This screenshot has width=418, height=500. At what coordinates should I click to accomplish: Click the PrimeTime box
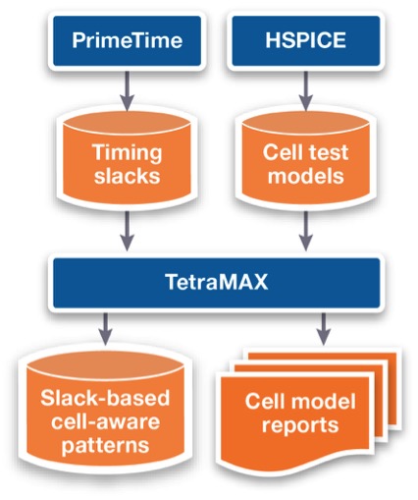pos(127,40)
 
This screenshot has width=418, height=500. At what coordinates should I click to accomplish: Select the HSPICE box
pos(306,40)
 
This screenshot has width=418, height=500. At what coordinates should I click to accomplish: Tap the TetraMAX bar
pos(217,283)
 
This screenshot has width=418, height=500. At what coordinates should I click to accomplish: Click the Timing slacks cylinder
pos(128,159)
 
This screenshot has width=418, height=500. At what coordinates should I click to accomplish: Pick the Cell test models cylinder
pos(306,159)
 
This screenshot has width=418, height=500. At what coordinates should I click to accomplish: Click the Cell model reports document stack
pos(307,411)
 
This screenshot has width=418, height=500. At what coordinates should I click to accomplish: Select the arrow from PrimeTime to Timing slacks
pos(128,91)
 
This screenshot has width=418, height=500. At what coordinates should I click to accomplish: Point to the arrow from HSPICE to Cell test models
pos(306,91)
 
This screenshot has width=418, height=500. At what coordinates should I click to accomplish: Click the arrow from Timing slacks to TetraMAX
pos(128,231)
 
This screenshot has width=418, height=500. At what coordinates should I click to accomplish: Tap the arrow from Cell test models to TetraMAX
pos(306,231)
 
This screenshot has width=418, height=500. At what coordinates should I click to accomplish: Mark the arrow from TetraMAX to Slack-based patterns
pos(105,329)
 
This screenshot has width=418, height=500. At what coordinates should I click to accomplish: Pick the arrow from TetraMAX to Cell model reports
pos(324,329)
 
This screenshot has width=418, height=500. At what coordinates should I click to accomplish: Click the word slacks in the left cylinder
pos(128,176)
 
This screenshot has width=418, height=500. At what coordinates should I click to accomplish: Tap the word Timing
pos(128,152)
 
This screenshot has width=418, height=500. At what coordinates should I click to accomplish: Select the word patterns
pos(105,445)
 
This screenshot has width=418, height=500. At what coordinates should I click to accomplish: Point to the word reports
pos(300,425)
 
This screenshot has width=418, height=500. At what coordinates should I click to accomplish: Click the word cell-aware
pos(105,421)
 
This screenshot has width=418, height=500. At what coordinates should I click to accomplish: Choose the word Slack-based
pos(105,398)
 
